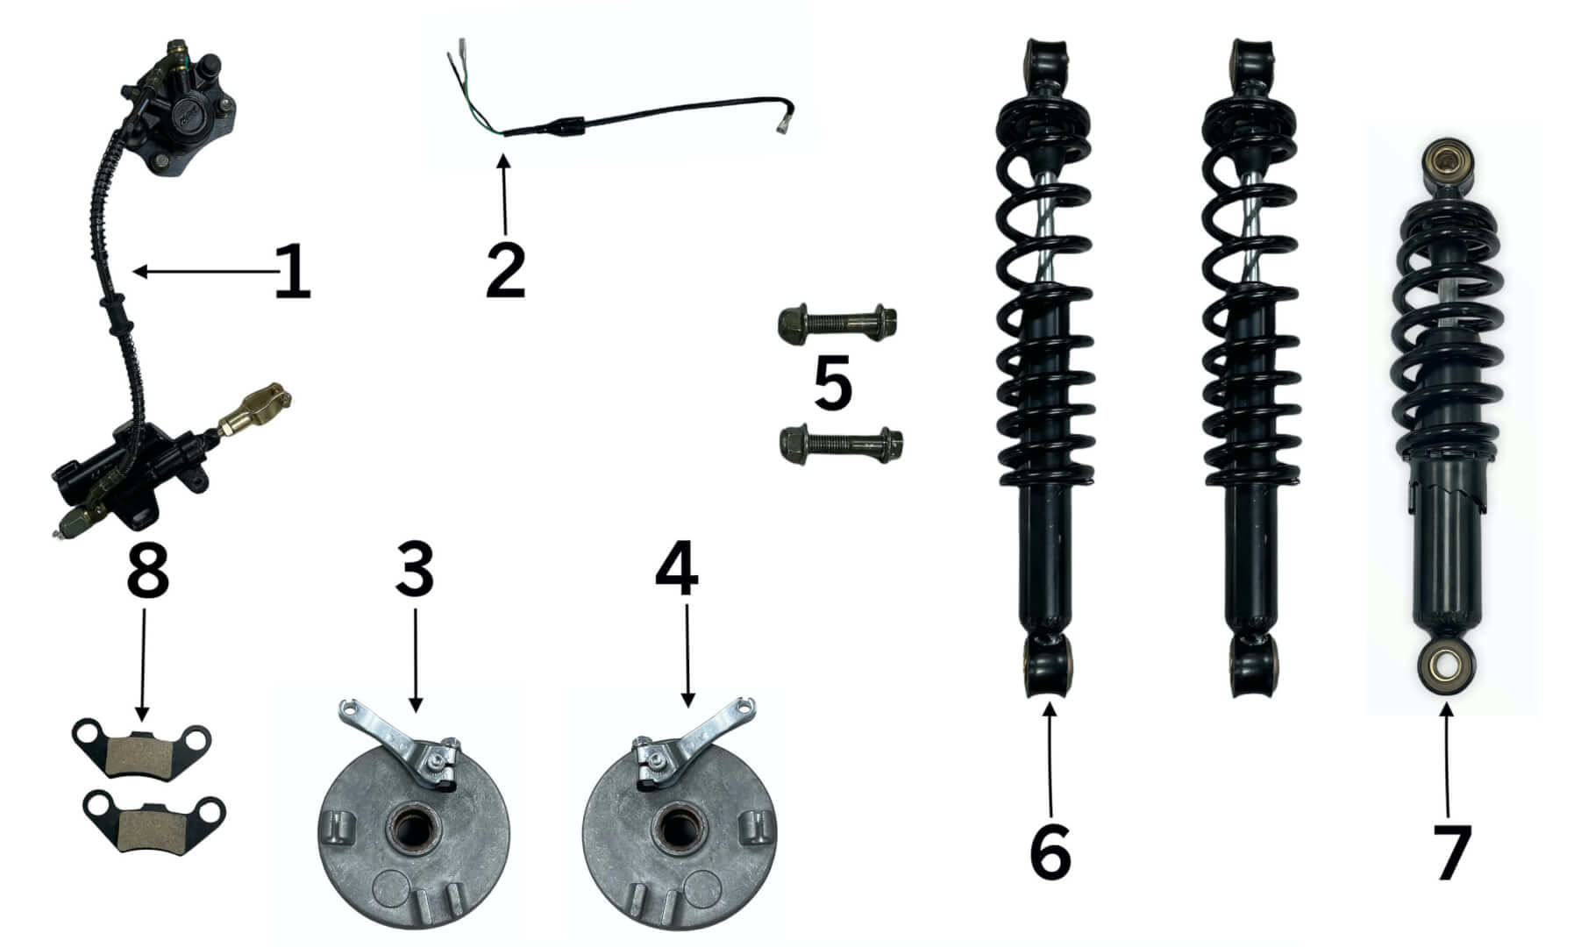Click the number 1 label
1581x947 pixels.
coord(292,272)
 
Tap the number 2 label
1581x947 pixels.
coord(505,270)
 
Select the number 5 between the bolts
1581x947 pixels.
coord(832,382)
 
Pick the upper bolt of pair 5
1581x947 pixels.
coord(837,325)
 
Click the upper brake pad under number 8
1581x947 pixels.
coord(144,746)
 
